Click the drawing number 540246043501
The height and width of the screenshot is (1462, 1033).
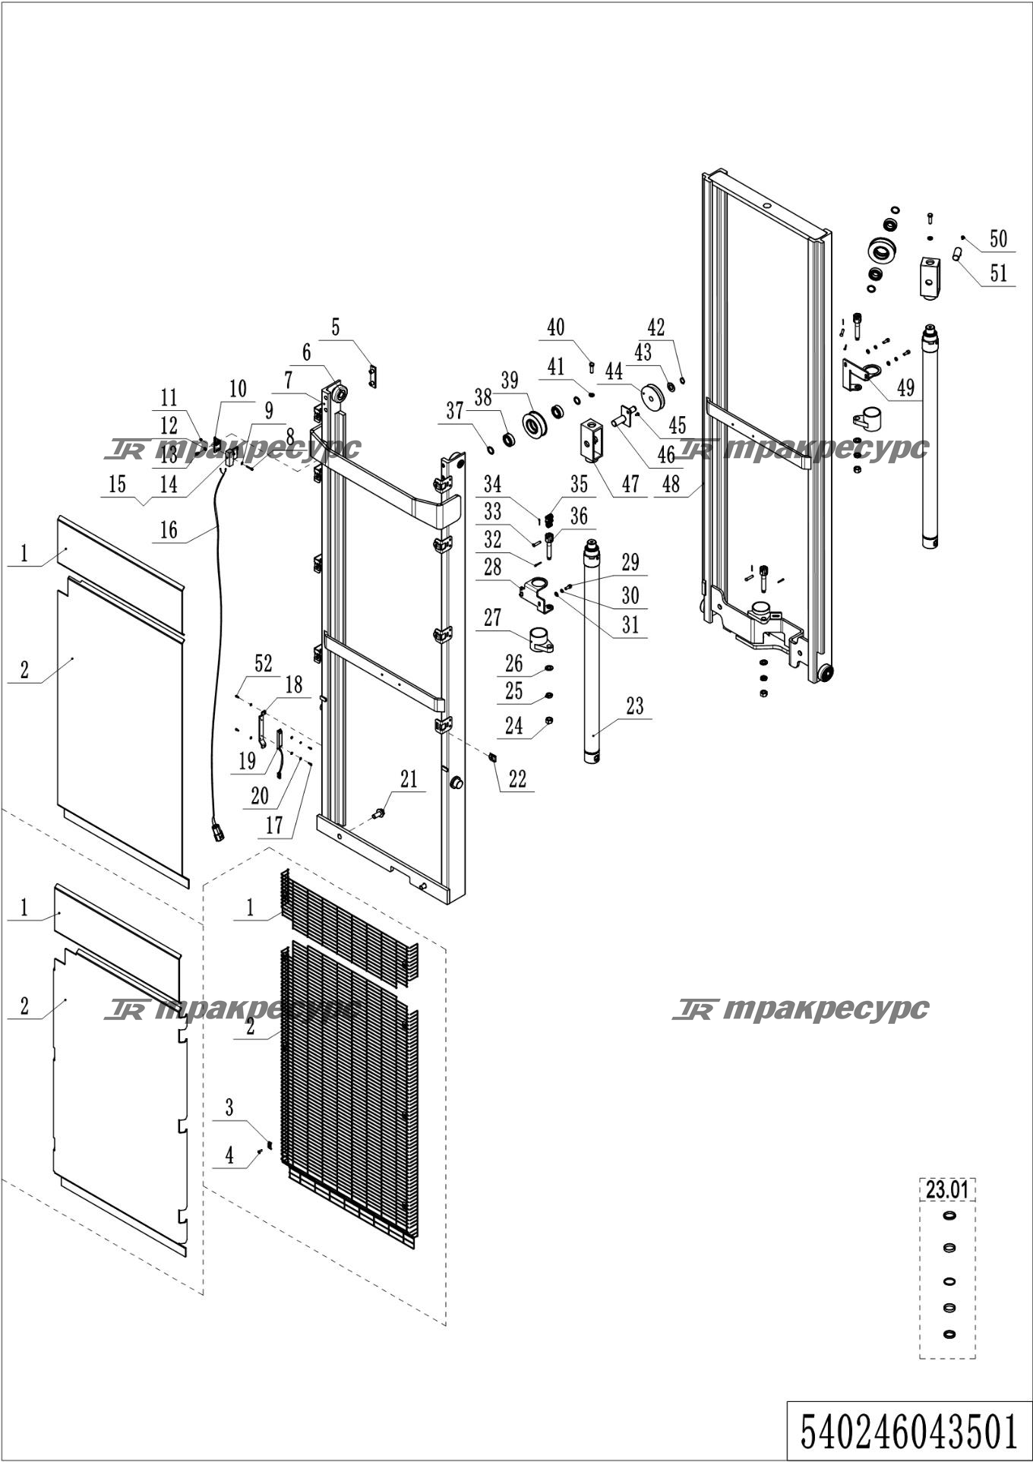coord(909,1432)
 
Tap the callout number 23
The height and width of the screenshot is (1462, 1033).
coord(635,706)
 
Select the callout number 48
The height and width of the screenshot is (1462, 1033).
coord(671,485)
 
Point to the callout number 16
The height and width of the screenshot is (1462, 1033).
coord(169,530)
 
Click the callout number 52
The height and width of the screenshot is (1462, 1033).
coord(263,663)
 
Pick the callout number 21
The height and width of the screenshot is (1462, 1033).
coord(409,779)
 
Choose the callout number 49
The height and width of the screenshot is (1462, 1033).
coord(905,388)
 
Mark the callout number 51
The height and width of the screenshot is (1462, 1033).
coord(998,273)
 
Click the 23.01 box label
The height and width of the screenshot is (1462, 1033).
coord(947,1189)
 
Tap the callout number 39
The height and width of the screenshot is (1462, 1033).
coord(509,380)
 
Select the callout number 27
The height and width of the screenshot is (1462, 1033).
coord(493,617)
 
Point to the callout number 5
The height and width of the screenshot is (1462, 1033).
coord(335,327)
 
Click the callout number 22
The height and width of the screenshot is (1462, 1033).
coord(517,779)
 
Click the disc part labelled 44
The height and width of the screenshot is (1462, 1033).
coord(652,396)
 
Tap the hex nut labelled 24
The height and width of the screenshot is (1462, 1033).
coord(549,720)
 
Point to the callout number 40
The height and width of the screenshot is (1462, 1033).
coord(556,327)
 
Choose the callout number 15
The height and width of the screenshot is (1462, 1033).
coord(117,484)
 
